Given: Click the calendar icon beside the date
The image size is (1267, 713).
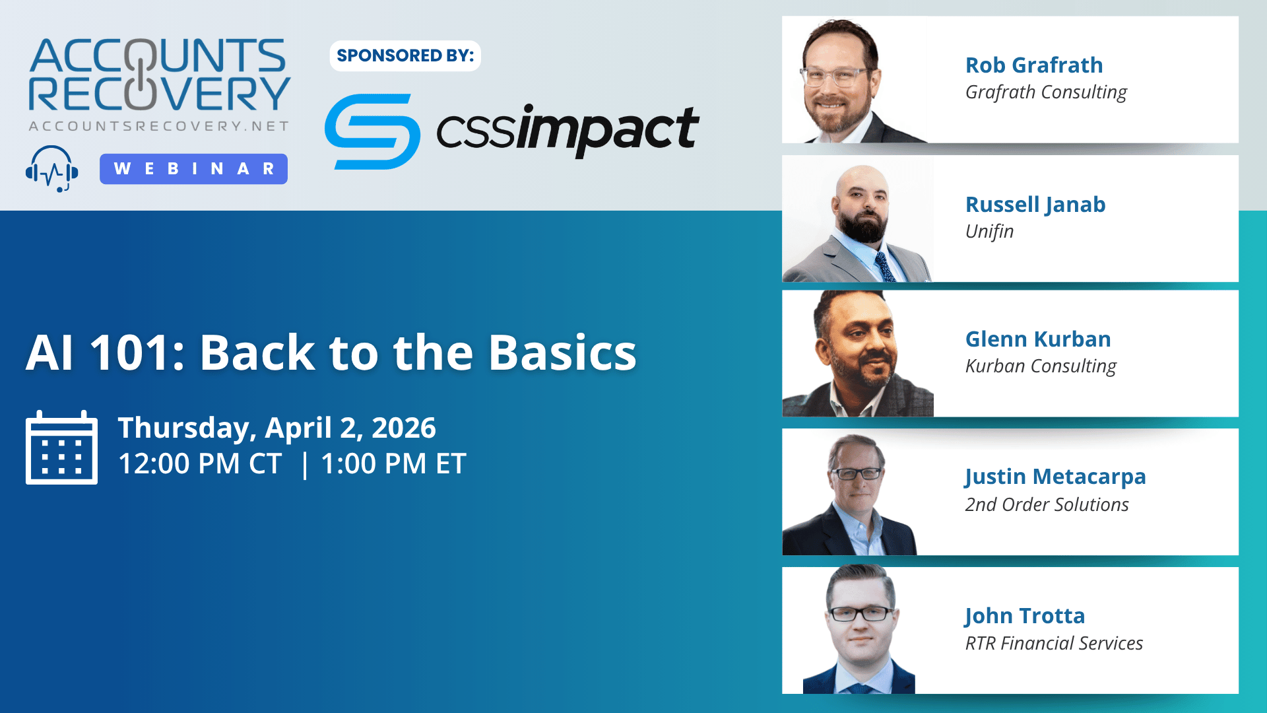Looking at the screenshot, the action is [61, 447].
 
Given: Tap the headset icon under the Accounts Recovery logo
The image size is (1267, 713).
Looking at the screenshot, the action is [52, 169].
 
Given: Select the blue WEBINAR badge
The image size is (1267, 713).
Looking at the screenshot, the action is [193, 169].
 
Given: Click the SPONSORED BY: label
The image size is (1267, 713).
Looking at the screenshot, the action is [405, 55].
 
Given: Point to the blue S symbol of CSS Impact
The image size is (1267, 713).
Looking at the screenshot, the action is [372, 131].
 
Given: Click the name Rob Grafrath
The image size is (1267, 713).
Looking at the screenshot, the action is [1034, 65].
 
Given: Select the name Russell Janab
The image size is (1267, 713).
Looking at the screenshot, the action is [1035, 205].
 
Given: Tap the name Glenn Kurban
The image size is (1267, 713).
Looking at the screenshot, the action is [1038, 339].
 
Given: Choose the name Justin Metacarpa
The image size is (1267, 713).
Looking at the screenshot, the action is [1055, 477].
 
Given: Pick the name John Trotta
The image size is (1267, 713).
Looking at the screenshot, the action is [1025, 617].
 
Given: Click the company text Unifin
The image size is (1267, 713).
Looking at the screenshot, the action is [989, 231].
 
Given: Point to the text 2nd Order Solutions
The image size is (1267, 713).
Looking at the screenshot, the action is [1047, 504].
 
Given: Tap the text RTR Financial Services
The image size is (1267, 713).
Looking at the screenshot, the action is [1054, 643].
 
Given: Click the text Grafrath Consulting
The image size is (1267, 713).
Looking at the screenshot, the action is [1046, 92].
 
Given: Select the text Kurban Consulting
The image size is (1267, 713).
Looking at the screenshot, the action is [1041, 366].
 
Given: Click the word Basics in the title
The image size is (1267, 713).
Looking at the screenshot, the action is [562, 353].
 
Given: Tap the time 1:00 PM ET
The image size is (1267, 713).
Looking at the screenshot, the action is [393, 463].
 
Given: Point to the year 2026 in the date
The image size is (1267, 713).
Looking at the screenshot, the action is [404, 428].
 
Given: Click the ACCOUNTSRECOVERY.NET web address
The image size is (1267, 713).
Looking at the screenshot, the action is [159, 126].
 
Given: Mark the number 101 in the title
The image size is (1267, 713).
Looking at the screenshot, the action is [130, 353].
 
